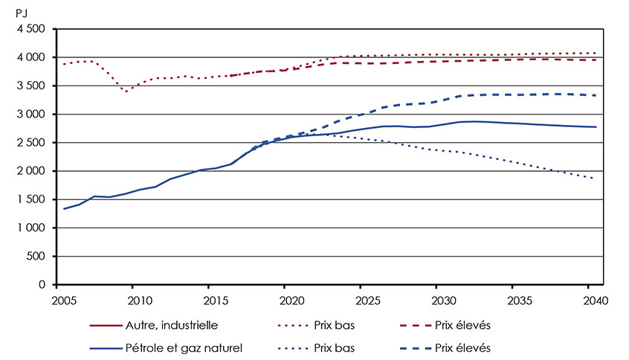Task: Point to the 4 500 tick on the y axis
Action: click(30, 29)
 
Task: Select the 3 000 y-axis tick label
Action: click(30, 115)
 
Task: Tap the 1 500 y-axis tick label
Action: click(30, 200)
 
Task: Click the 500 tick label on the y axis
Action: click(37, 257)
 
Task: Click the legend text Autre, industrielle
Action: click(179, 326)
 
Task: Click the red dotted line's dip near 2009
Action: click(126, 91)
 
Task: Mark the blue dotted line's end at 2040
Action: click(593, 179)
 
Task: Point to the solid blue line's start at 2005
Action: click(64, 208)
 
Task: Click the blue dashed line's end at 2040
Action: click(593, 95)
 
